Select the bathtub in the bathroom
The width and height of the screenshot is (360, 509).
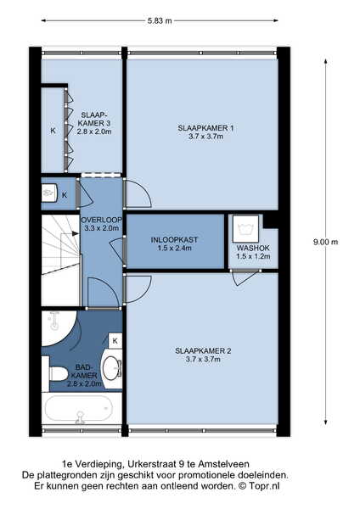(x=80, y=409)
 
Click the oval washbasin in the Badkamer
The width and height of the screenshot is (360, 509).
(x=111, y=368)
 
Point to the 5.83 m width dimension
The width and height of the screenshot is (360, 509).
(x=160, y=20)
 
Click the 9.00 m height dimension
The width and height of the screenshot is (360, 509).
(x=325, y=242)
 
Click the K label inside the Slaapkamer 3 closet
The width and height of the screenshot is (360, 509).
(x=53, y=131)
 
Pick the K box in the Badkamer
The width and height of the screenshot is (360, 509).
(x=115, y=340)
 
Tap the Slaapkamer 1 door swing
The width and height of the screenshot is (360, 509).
(x=138, y=193)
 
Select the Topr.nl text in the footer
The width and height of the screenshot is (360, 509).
(x=264, y=486)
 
